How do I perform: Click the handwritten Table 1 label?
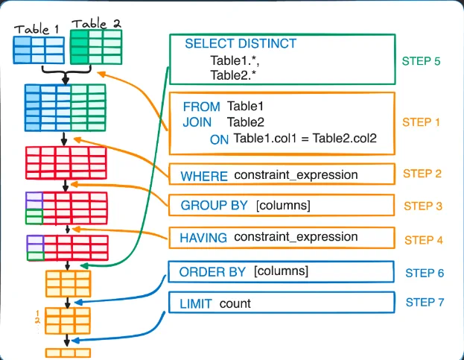pyautogui.click(x=36, y=29)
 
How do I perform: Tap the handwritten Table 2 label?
pyautogui.click(x=97, y=24)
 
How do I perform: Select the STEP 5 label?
pyautogui.click(x=421, y=61)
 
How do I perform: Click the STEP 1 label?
pyautogui.click(x=421, y=122)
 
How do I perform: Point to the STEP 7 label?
pyautogui.click(x=425, y=303)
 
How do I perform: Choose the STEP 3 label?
pyautogui.click(x=423, y=206)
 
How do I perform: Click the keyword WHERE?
pyautogui.click(x=204, y=177)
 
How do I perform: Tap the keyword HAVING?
pyautogui.click(x=203, y=238)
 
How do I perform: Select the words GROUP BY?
pyautogui.click(x=214, y=205)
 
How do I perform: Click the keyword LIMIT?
pyautogui.click(x=196, y=304)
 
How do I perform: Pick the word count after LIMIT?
pyautogui.click(x=235, y=304)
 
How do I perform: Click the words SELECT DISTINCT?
pyautogui.click(x=241, y=43)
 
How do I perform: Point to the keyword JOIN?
pyautogui.click(x=197, y=122)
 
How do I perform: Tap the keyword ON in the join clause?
pyautogui.click(x=219, y=139)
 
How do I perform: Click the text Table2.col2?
pyautogui.click(x=345, y=138)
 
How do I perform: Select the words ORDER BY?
pyautogui.click(x=212, y=272)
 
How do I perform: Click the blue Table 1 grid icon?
pyautogui.click(x=39, y=50)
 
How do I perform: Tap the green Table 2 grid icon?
pyautogui.click(x=96, y=47)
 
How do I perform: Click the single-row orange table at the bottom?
pyautogui.click(x=68, y=353)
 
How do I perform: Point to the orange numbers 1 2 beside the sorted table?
pyautogui.click(x=37, y=317)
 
